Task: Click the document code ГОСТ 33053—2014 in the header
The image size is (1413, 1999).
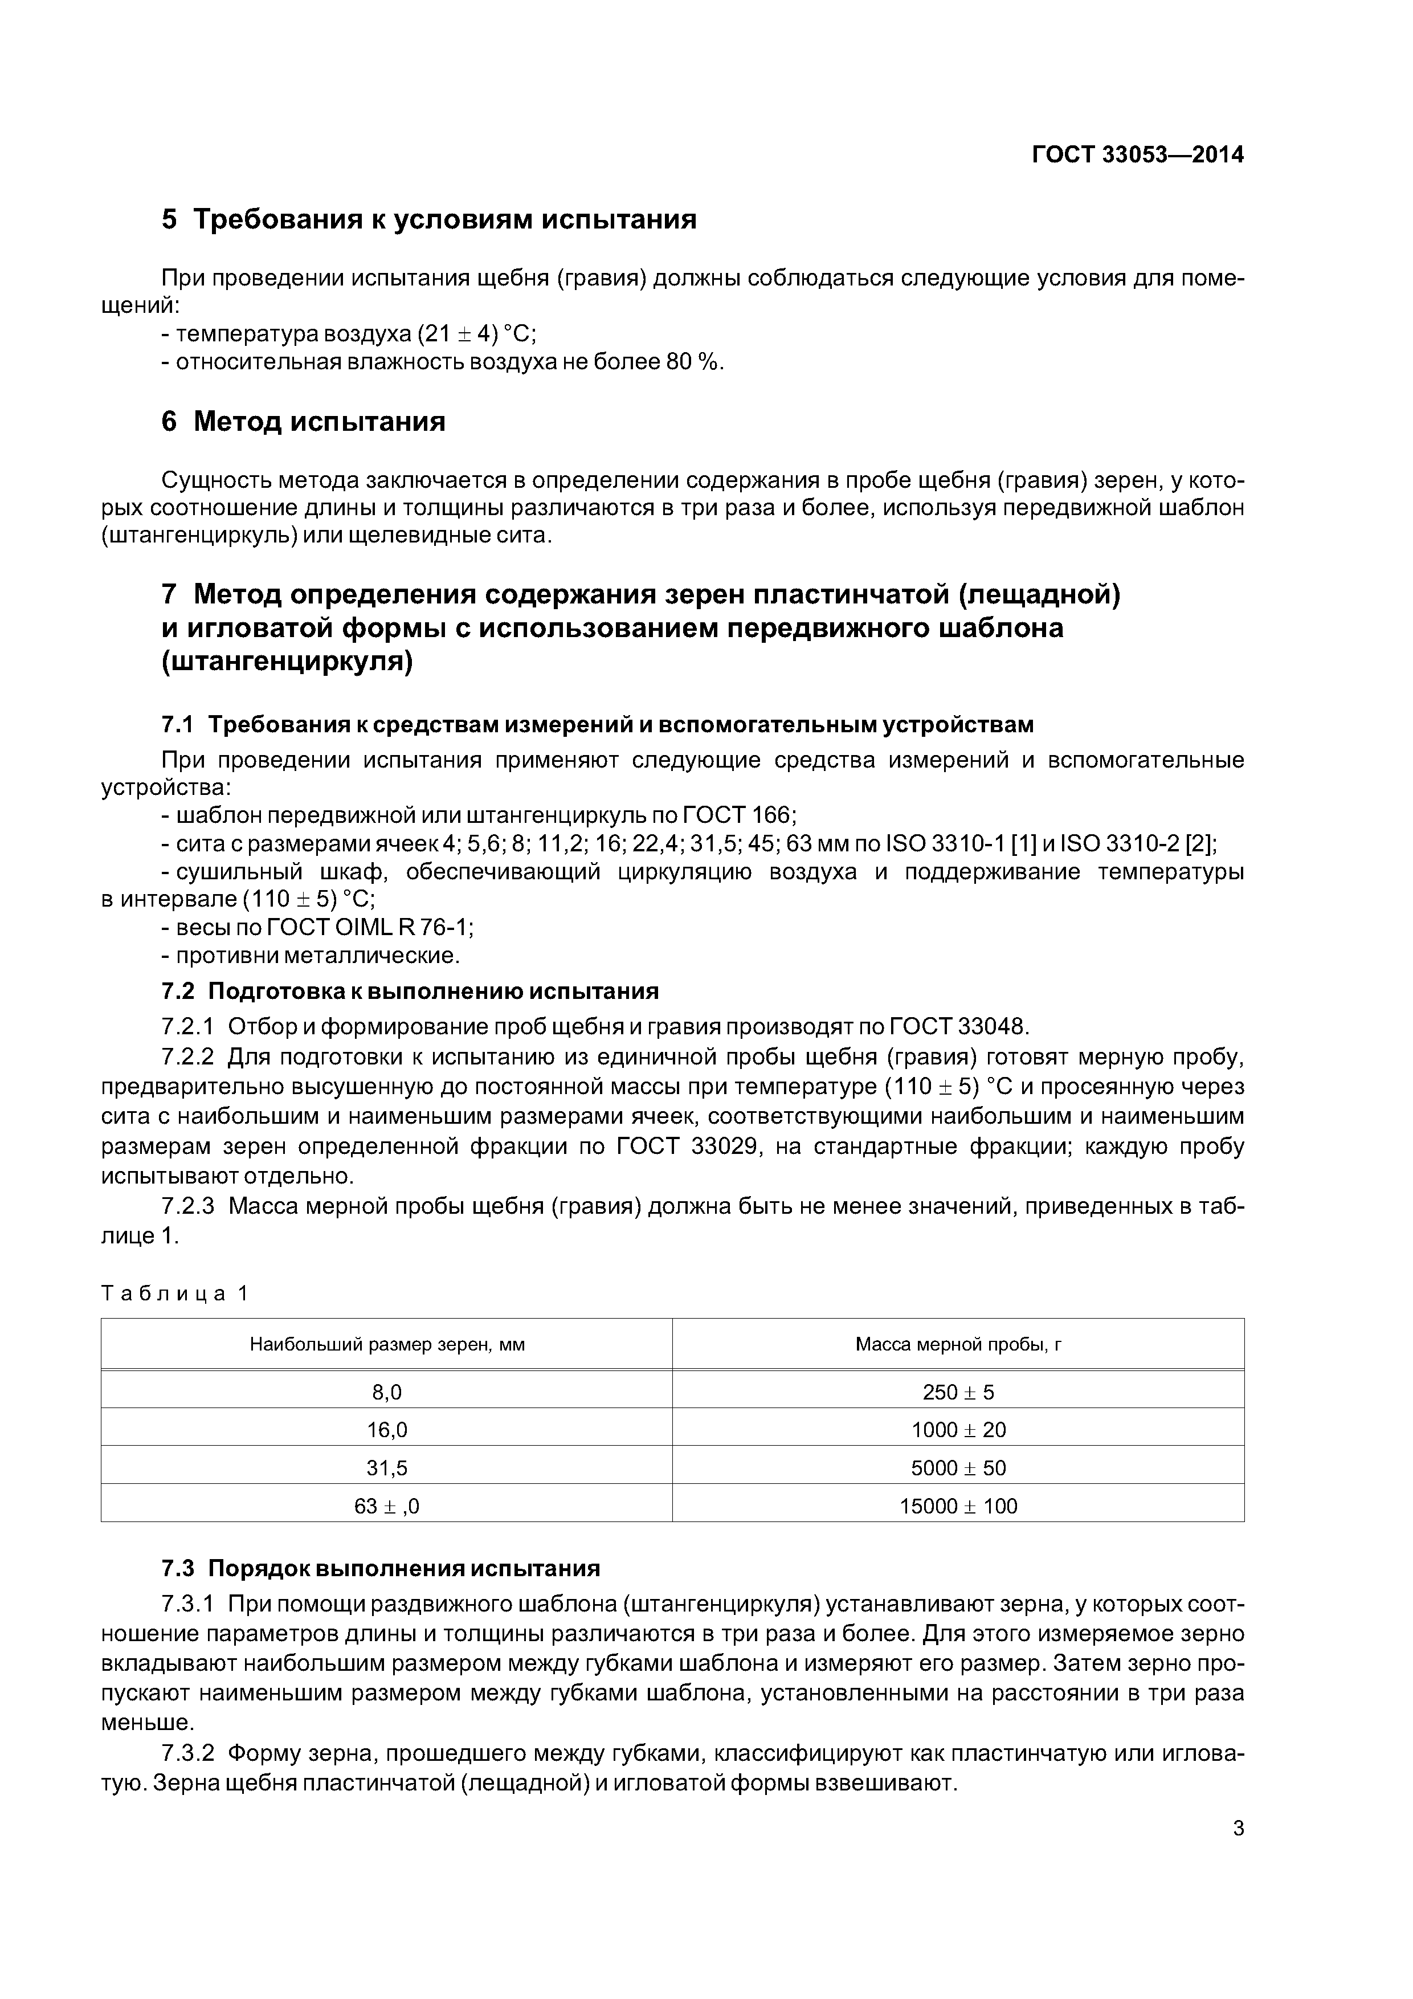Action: [x=1137, y=155]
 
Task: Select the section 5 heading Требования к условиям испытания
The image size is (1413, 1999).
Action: [x=428, y=219]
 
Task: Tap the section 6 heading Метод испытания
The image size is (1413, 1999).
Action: [x=303, y=421]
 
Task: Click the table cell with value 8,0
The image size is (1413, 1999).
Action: [x=386, y=1392]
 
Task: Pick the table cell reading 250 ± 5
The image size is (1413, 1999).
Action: [x=958, y=1392]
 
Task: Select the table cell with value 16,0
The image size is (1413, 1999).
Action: [x=386, y=1430]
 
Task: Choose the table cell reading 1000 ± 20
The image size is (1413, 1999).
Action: [x=958, y=1430]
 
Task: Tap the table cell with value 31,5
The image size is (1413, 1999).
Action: [x=386, y=1468]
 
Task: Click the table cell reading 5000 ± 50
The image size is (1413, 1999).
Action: [x=958, y=1468]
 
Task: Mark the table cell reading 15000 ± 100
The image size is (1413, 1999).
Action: [x=958, y=1506]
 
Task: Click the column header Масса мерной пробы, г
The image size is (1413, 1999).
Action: [x=958, y=1344]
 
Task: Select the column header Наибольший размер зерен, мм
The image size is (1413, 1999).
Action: [x=386, y=1344]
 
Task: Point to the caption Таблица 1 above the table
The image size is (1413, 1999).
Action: [x=175, y=1293]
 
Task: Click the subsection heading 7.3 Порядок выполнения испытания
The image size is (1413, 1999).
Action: [x=381, y=1568]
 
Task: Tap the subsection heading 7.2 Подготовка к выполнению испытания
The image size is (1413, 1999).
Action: [x=410, y=992]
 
